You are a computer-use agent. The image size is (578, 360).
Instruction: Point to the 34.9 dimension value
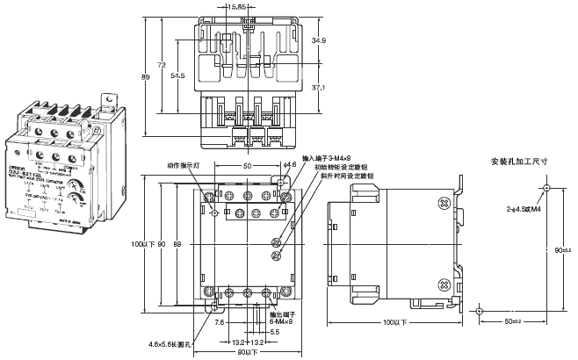(x=320, y=40)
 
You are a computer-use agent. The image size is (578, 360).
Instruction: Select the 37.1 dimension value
(x=320, y=88)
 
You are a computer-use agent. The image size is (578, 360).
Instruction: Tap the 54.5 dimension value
(x=177, y=77)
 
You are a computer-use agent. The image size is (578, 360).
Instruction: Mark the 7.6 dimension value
(x=218, y=321)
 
